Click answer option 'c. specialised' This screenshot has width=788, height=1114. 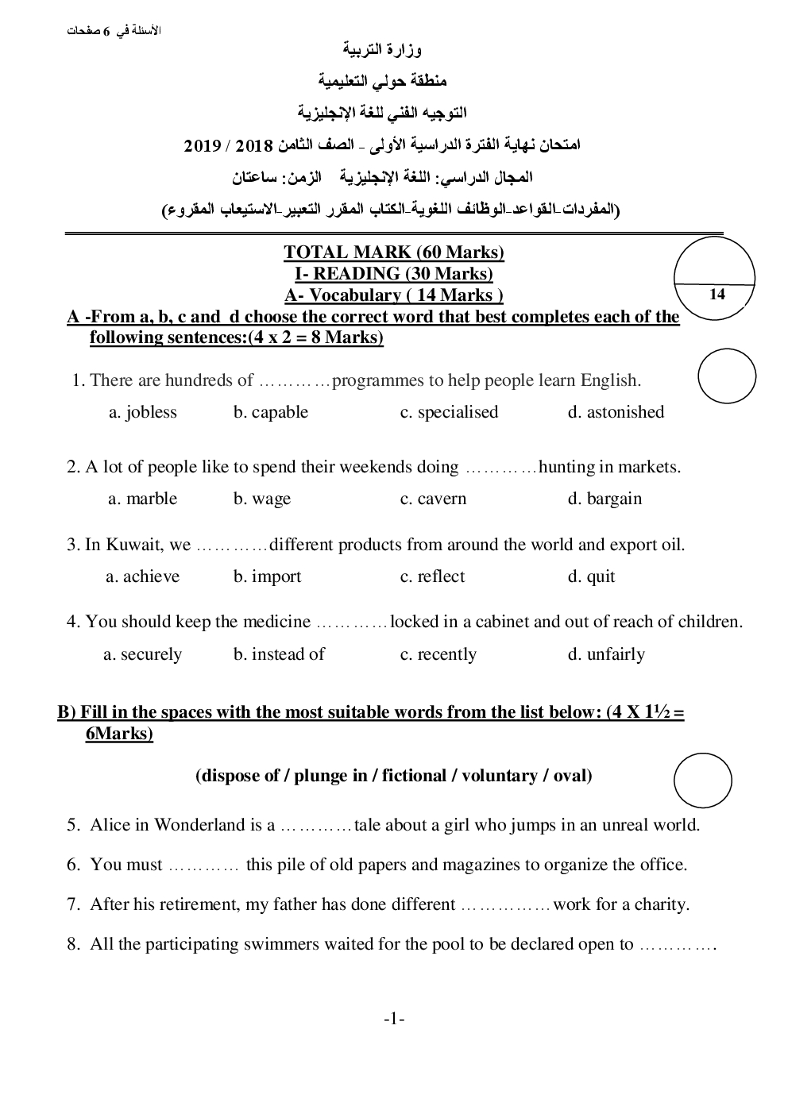[449, 412]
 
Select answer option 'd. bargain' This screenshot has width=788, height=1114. [605, 499]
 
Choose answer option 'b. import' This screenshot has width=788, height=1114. [267, 576]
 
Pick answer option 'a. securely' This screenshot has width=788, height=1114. [143, 654]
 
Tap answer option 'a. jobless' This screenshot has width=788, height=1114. [143, 412]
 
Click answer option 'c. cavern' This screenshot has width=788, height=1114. [433, 499]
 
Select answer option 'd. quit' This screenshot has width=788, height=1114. [591, 576]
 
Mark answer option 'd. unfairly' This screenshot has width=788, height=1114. [606, 654]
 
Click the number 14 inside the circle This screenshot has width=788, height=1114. [717, 295]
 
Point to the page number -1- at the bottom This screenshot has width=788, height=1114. [394, 1020]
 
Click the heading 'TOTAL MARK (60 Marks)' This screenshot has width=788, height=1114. [394, 252]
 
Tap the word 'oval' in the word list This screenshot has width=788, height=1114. [569, 776]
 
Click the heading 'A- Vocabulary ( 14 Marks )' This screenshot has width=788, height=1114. [394, 295]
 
